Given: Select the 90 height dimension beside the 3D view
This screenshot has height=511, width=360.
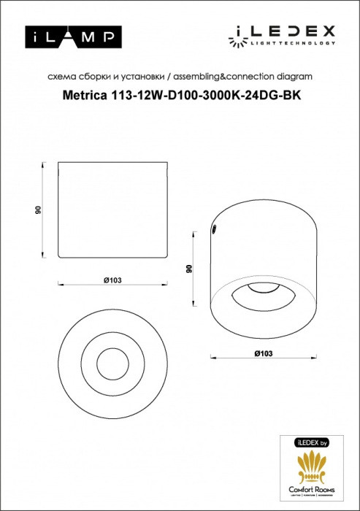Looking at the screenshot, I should coord(188,269).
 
